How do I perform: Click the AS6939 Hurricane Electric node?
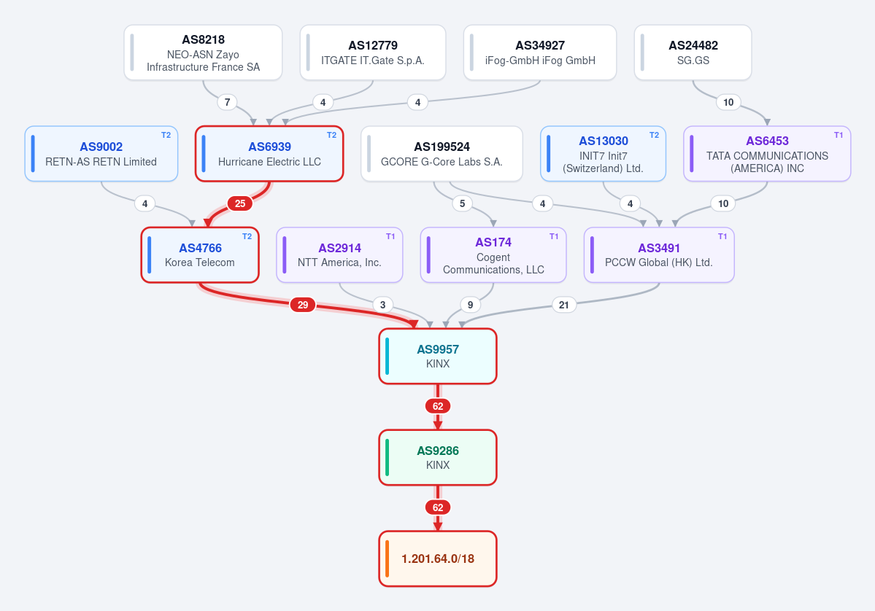point(269,154)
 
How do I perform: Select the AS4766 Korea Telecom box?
point(200,254)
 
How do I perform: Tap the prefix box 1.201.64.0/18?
point(438,559)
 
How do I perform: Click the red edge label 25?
point(240,203)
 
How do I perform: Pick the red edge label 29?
point(302,305)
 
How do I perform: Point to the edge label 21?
point(563,305)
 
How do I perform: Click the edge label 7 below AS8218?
point(227,102)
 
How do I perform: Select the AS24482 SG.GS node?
point(693,52)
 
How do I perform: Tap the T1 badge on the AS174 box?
point(554,236)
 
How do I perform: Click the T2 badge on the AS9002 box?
point(166,135)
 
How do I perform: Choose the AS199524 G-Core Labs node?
point(442,154)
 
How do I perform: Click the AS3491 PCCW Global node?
point(659,254)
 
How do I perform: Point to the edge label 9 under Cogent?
point(471,305)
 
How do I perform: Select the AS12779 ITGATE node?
point(373,52)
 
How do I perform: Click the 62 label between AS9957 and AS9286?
point(438,406)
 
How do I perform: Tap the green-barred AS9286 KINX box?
point(438,457)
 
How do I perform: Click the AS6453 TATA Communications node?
point(767,154)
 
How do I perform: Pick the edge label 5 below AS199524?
point(462,203)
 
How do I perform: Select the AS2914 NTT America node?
point(339,254)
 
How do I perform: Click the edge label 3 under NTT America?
point(382,305)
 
